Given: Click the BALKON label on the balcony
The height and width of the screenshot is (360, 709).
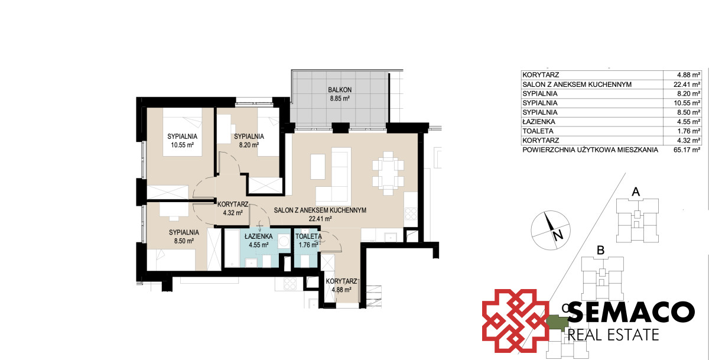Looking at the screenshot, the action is click(x=340, y=90).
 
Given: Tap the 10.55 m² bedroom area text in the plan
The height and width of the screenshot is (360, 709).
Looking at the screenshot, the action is click(x=183, y=145).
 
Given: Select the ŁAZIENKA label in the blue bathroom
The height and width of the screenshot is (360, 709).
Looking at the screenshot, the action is click(x=259, y=236).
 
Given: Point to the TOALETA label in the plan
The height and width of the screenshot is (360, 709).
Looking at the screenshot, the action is click(x=308, y=236).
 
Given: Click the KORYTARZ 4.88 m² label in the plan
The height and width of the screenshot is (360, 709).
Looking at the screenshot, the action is click(x=342, y=286).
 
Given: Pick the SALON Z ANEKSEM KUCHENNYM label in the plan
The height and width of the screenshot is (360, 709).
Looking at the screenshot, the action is click(x=320, y=210).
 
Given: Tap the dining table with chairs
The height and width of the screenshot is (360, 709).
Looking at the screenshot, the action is click(x=388, y=173).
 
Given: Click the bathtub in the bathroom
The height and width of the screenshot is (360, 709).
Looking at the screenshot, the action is click(x=232, y=248).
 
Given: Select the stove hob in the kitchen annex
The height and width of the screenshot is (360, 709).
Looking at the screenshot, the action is click(x=411, y=214).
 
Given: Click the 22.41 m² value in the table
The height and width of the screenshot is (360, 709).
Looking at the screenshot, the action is click(x=687, y=84).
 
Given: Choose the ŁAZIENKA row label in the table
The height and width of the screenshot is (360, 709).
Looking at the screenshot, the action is click(x=539, y=122).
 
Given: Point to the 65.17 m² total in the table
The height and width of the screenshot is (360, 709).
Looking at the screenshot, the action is click(x=687, y=150).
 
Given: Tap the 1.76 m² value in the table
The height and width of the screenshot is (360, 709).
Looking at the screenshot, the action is click(x=688, y=131).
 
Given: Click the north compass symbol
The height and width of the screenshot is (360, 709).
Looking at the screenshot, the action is click(x=551, y=230).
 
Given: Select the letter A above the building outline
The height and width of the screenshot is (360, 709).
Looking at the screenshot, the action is click(x=636, y=192).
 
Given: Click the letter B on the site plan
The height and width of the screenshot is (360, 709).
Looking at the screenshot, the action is click(x=600, y=251).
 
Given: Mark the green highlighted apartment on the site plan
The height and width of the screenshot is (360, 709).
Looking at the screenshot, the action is click(x=556, y=323).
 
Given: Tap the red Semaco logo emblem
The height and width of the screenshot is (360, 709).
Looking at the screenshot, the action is click(x=515, y=321).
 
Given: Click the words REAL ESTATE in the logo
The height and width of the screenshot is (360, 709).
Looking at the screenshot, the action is click(x=613, y=335).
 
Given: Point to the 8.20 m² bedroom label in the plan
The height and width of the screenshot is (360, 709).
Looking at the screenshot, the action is click(x=249, y=145).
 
